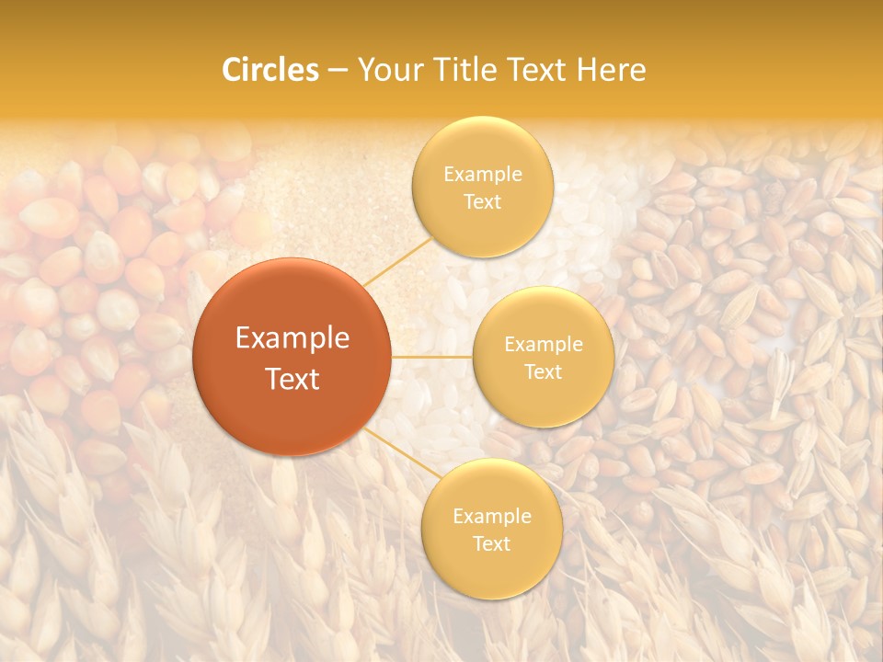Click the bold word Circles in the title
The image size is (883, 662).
click(x=269, y=70)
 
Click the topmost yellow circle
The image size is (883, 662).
click(x=482, y=187)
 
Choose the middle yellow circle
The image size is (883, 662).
click(x=543, y=357)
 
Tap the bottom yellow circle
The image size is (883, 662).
click(x=491, y=529)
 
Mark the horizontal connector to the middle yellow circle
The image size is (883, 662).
click(x=431, y=356)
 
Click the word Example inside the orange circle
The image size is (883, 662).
click(x=292, y=338)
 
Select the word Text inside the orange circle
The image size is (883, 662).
click(x=292, y=379)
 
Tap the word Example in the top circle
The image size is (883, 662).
click(x=482, y=174)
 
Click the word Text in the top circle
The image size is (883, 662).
click(x=482, y=201)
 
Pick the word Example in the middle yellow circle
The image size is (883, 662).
click(x=543, y=344)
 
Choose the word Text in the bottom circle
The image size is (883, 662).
click(x=491, y=543)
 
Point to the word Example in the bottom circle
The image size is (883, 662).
click(x=491, y=516)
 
